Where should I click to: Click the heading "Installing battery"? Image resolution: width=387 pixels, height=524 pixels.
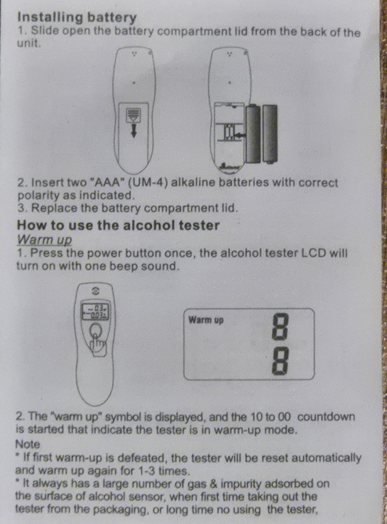[x=77, y=17]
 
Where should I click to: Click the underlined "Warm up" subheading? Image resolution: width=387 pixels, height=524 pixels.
[x=44, y=240]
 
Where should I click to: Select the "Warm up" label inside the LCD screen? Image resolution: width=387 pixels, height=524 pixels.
[x=206, y=321]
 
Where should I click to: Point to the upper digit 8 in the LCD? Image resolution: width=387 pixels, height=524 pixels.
[x=280, y=327]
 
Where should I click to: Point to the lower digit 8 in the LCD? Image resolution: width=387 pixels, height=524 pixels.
[x=280, y=363]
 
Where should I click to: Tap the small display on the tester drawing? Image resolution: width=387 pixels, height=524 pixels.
[x=95, y=312]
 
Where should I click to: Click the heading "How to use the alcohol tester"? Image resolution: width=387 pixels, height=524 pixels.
[x=118, y=225]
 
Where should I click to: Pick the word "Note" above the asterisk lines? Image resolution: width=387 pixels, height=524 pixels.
[x=27, y=444]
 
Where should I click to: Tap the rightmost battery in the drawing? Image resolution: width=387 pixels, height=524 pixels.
[x=270, y=134]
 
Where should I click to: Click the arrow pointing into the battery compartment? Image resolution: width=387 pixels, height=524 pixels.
[x=239, y=136]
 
